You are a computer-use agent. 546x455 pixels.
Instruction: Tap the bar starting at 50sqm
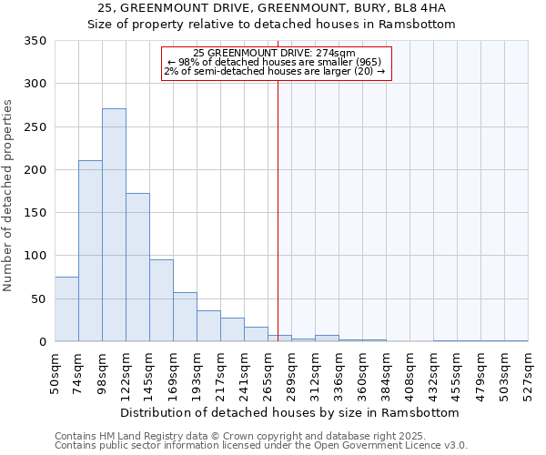[x=66, y=309]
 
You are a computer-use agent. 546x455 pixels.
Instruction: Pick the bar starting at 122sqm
[x=137, y=268]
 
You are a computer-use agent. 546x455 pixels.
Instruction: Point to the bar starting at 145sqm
[x=161, y=301]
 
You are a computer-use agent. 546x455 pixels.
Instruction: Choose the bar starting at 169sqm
[x=185, y=317]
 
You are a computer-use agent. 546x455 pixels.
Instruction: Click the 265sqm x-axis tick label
[x=268, y=372]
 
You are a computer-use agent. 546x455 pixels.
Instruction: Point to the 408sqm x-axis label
[x=410, y=372]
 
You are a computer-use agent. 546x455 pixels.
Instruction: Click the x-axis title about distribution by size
[x=289, y=412]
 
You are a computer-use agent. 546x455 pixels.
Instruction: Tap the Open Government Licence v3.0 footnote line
[x=261, y=446]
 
